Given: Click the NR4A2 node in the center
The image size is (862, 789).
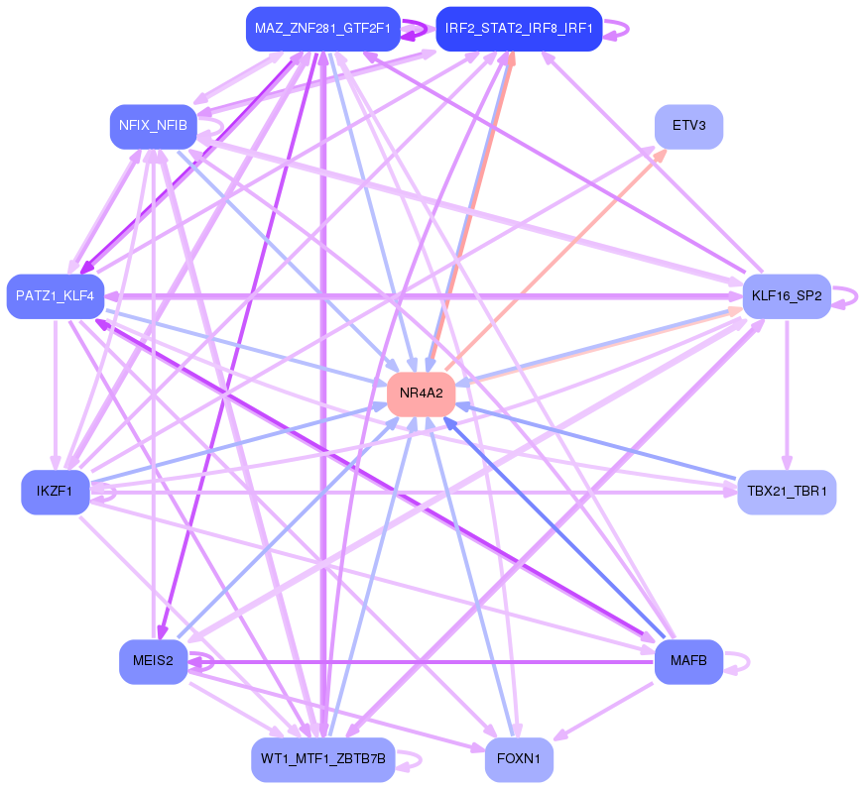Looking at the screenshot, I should click(421, 394).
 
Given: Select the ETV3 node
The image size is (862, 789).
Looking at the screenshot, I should click(688, 127).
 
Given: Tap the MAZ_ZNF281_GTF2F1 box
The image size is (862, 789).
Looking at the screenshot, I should click(322, 29).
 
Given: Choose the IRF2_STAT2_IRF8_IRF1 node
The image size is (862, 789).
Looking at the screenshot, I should click(518, 29).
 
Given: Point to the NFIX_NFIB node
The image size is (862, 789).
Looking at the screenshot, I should click(152, 126).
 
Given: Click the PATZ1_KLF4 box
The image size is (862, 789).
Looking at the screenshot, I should click(55, 296).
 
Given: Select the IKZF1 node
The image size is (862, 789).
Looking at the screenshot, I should click(55, 493).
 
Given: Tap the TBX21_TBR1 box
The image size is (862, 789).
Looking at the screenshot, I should click(787, 493).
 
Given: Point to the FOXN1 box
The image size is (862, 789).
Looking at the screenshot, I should click(518, 760).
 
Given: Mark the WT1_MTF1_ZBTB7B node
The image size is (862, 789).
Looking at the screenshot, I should click(322, 760).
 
